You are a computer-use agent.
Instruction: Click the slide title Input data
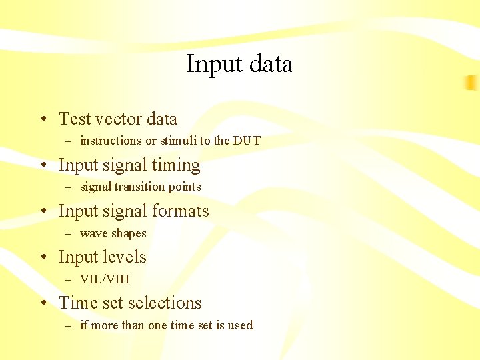[239, 64]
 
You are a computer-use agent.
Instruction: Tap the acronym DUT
[247, 141]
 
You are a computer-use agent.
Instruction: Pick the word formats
[179, 211]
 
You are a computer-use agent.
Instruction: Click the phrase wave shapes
[113, 233]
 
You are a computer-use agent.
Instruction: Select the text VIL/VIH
[104, 279]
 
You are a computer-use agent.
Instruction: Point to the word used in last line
[240, 325]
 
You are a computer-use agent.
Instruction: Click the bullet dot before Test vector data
[42, 120]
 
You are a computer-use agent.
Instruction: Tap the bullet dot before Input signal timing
[42, 166]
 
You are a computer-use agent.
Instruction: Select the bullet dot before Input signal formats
[42, 212]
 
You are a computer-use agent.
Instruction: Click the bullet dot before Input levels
[42, 258]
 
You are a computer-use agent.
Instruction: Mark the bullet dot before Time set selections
[42, 304]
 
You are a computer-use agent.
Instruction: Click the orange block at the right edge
[471, 83]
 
